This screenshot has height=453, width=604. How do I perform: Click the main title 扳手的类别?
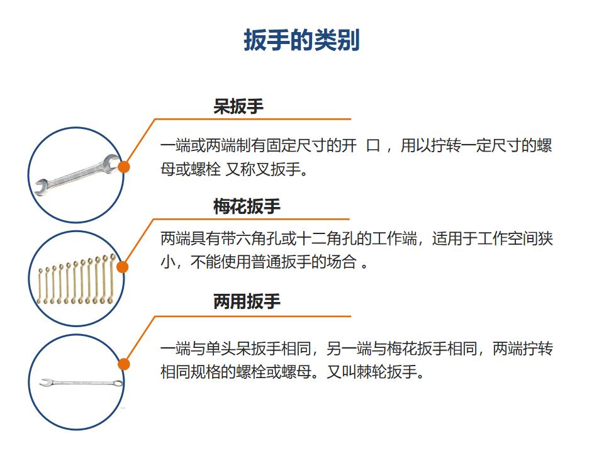pos(301,40)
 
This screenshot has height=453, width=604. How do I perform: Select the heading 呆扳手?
pos(238,106)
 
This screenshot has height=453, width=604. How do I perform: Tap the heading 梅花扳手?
pos(247,206)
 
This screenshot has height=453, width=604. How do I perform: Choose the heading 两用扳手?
pos(247,301)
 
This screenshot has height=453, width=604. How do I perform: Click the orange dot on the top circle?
pos(124,167)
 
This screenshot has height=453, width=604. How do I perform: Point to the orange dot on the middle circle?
pos(122,267)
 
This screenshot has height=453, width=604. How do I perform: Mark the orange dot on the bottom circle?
pos(124,364)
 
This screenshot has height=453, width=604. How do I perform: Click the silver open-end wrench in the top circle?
pos(77,176)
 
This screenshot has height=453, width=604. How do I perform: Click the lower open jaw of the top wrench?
pos(41,187)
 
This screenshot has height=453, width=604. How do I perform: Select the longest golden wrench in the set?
pos(111,278)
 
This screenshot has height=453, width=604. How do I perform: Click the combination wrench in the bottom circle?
pos(81,383)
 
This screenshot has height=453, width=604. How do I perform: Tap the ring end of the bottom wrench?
pos(118,383)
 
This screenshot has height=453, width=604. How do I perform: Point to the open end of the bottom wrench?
pos(45,383)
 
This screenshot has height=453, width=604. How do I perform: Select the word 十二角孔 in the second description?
pos(326,239)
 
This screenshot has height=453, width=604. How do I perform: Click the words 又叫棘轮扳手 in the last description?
pos(372,372)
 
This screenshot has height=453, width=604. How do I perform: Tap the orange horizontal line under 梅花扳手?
pos(252,219)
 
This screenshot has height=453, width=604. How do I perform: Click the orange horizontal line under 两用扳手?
pos(253,316)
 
